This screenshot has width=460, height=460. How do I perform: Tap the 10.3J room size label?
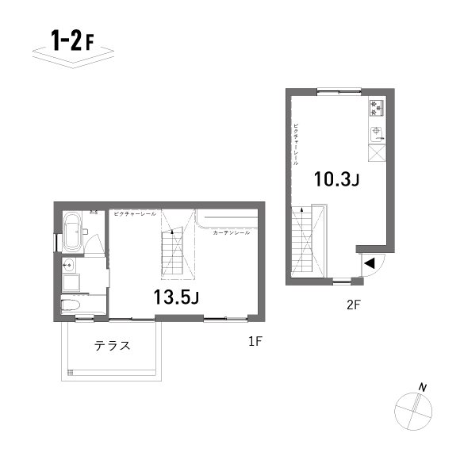(336, 179)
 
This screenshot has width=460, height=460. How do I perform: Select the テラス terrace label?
(113, 346)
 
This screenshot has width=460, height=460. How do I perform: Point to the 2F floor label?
(353, 304)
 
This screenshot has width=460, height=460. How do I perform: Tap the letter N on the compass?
(424, 387)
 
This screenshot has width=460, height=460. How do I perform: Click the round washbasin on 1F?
(68, 264)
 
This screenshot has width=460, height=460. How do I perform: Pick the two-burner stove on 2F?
(376, 108)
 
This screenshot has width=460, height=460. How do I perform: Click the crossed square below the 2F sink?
(377, 155)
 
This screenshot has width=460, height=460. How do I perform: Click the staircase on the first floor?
(172, 253)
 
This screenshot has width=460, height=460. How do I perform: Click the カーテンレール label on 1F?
(231, 233)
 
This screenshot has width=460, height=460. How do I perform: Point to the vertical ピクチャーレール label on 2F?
(296, 143)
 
